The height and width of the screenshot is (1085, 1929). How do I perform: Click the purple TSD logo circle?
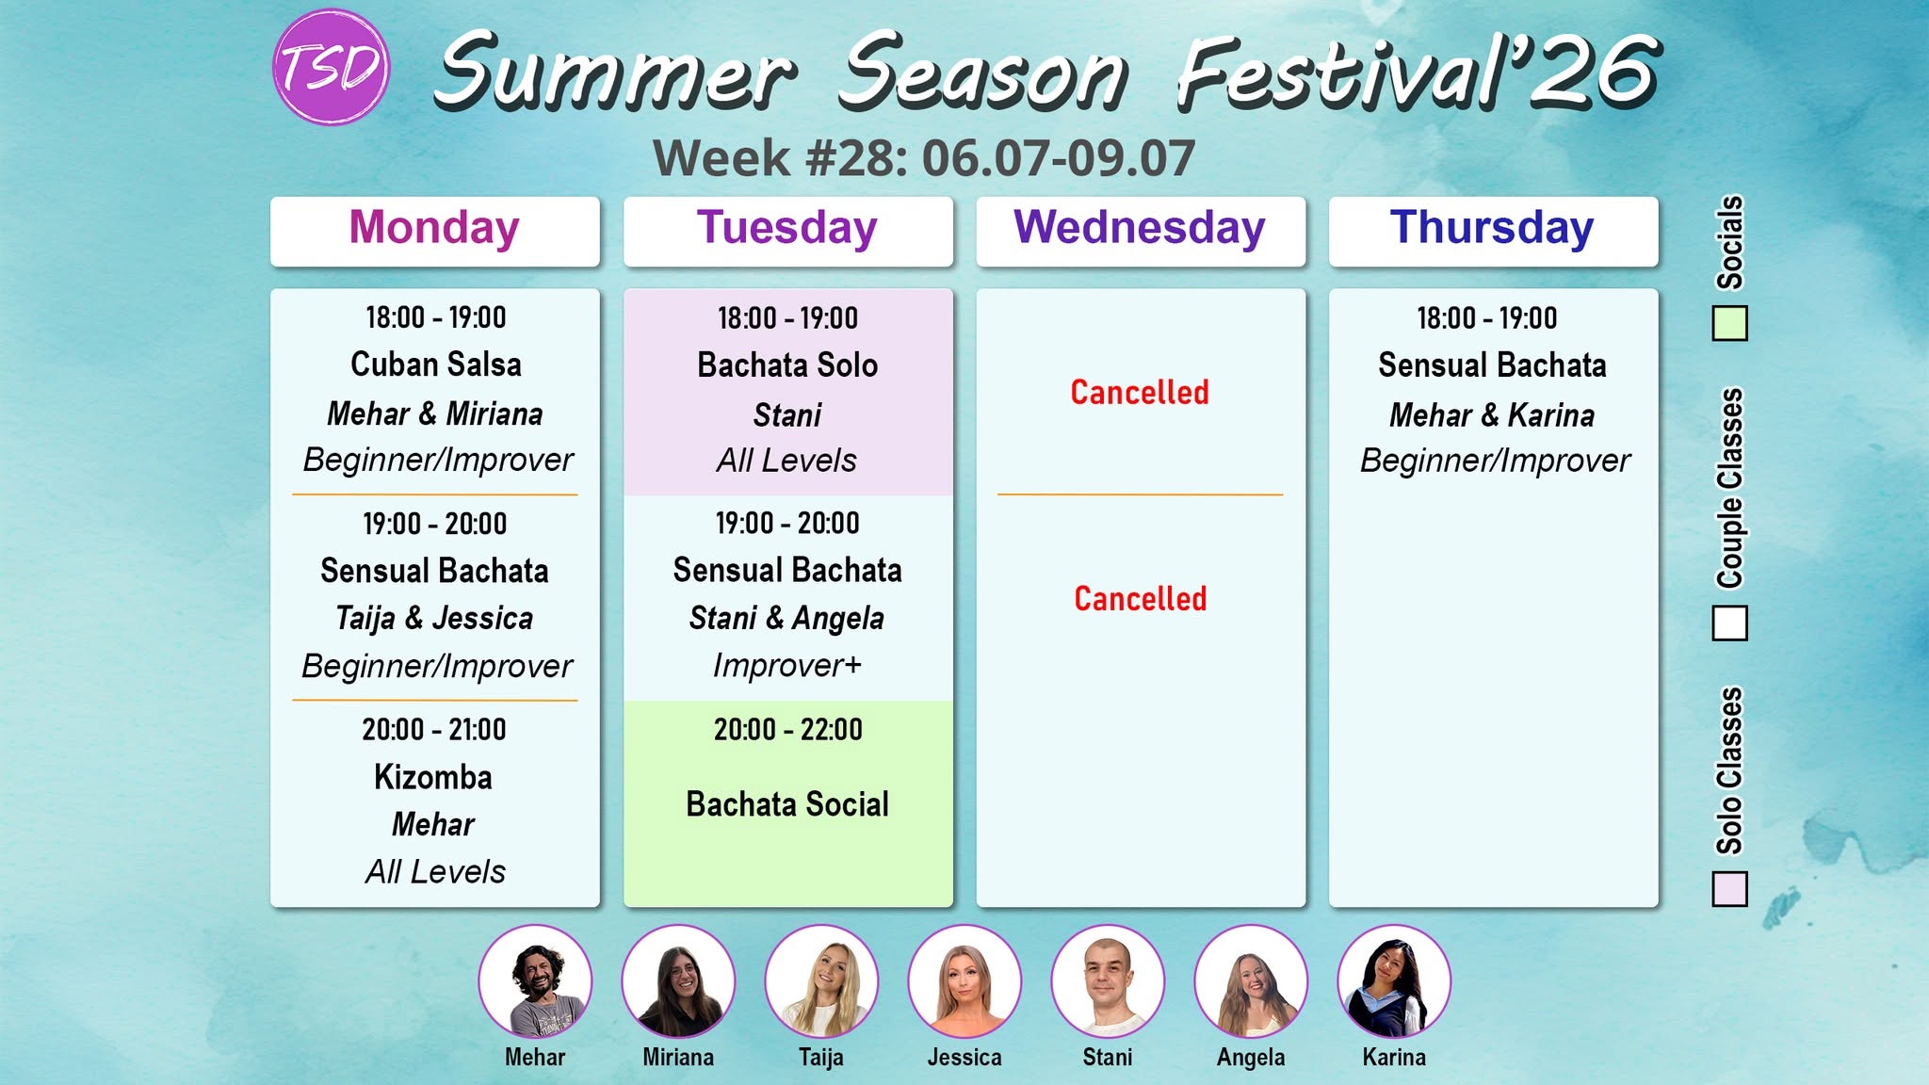coord(331,68)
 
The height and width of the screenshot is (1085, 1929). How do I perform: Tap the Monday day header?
coord(434,231)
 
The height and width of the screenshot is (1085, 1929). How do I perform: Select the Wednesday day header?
coord(1141,231)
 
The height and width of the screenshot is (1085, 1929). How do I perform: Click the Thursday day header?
coord(1493,231)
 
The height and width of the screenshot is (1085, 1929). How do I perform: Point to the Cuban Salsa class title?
coord(436,364)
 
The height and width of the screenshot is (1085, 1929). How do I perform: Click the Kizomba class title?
coord(433,777)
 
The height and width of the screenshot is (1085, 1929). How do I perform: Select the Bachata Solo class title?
coord(787,365)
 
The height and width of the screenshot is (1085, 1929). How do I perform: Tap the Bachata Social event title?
coord(787,804)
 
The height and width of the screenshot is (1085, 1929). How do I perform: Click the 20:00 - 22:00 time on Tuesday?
coord(787,730)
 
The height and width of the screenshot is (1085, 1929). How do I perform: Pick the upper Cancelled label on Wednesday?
coord(1140,393)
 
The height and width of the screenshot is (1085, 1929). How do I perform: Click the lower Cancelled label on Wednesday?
coord(1141,599)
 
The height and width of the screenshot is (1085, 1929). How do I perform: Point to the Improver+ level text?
coord(787,665)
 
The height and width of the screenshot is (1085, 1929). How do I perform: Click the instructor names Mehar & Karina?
coord(1492,414)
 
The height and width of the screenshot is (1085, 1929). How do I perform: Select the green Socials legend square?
coord(1729,323)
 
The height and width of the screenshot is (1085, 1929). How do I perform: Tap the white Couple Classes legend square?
coord(1729,623)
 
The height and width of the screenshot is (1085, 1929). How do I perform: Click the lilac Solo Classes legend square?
coord(1729,889)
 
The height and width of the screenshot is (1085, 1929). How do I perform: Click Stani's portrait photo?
coord(1108,981)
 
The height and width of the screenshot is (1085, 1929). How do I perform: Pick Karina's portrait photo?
coord(1394,981)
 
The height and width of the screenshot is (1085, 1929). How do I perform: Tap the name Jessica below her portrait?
coord(964,1058)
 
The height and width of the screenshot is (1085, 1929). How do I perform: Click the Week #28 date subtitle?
coord(924,158)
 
